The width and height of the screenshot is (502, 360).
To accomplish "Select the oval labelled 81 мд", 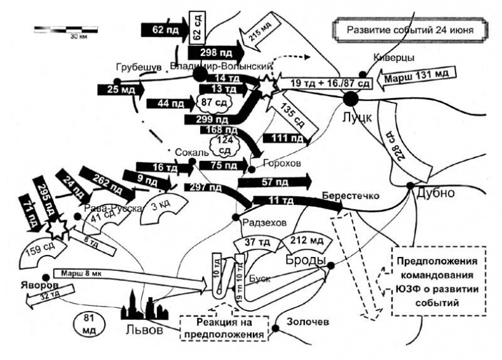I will (x=88, y=323).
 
